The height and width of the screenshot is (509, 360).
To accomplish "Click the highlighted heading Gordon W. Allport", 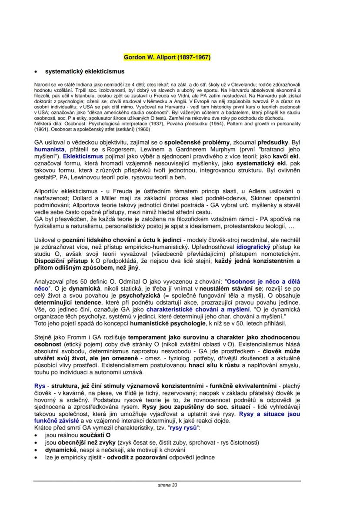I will coord(167,57).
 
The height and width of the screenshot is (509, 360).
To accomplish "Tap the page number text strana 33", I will coord(167,485).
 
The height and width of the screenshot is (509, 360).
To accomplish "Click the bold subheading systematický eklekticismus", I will coord(85,71).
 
